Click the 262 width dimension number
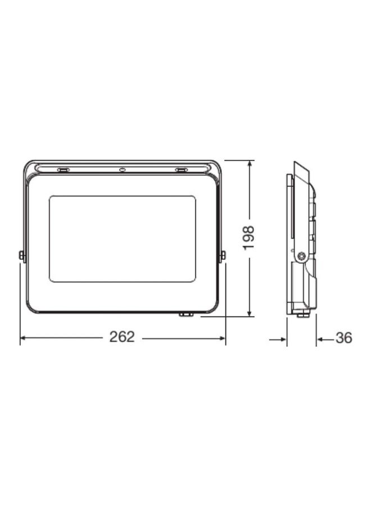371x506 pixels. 122,337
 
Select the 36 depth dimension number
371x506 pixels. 343,338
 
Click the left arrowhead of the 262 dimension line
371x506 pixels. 23,338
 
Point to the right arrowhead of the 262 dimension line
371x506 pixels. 222,338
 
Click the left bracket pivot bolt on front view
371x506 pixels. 22,256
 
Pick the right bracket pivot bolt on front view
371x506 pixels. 223,256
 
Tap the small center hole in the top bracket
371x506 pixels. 122,169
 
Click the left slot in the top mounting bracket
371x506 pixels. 64,169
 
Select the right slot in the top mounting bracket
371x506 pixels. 180,169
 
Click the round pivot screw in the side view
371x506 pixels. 302,256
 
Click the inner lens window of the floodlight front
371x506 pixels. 122,238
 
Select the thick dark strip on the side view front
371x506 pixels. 291,208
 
